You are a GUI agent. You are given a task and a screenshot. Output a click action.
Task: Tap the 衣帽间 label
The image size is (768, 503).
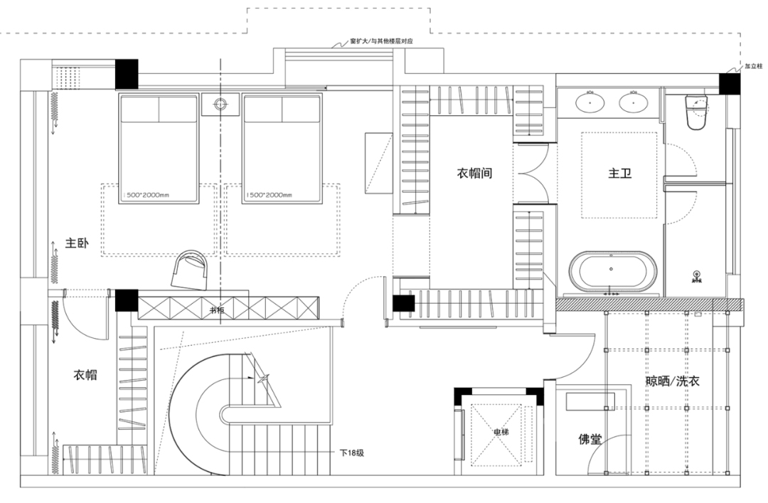pos(474,173)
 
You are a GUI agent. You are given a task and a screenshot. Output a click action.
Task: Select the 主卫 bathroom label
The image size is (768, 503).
pos(620,173)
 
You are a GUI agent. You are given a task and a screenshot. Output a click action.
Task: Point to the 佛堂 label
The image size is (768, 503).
pos(590,440)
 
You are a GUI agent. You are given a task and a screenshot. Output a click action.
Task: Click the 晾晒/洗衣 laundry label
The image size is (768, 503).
pos(672,381)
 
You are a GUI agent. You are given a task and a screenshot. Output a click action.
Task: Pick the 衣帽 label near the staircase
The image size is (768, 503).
pos(85,375)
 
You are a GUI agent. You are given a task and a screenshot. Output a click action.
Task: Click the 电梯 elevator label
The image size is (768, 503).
pos(501,432)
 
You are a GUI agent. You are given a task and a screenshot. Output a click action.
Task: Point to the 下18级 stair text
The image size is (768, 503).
pos(351,452)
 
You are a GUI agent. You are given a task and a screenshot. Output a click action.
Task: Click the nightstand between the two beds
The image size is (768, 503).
pos(220,104)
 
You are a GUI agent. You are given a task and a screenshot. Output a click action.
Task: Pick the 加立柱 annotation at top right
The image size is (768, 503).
pos(752,66)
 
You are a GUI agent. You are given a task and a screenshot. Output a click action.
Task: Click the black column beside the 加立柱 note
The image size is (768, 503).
pos(730,83)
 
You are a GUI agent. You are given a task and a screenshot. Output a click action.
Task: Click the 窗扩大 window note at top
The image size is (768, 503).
pos(382,43)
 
